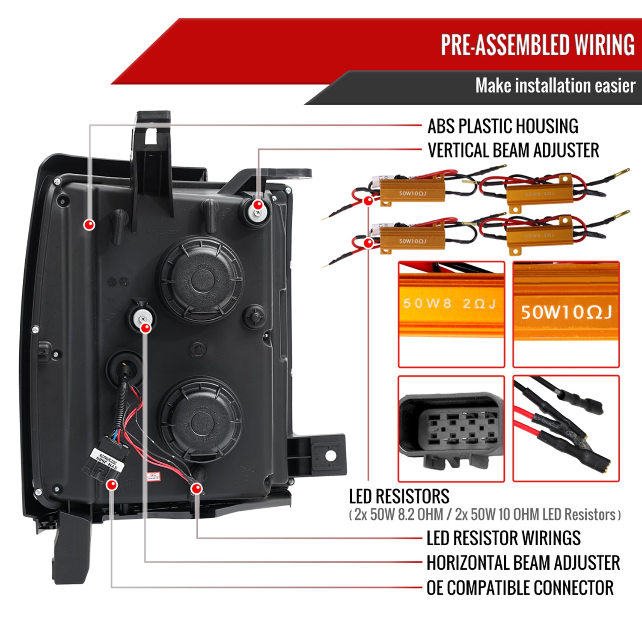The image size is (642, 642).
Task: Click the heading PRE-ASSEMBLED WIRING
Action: tap(538, 45)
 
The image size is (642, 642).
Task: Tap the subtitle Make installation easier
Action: tap(555, 86)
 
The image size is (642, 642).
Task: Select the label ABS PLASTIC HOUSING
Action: tap(503, 126)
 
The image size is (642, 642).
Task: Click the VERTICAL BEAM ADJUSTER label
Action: tap(513, 150)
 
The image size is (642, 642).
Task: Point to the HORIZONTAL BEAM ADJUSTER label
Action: tap(523, 562)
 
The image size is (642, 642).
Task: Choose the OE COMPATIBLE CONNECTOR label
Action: tap(520, 588)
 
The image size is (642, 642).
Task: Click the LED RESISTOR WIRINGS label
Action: tap(503, 538)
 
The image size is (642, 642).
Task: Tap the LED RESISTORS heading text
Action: tap(399, 496)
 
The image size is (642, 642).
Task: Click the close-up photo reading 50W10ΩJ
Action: tap(566, 314)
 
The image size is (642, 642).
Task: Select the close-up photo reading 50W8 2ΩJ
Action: tap(451, 314)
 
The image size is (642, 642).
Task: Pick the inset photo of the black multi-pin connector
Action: tap(451, 428)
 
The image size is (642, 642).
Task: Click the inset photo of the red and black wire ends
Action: tap(566, 428)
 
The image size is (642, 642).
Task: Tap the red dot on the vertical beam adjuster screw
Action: tap(258, 205)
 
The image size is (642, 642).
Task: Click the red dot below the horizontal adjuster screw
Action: tap(146, 328)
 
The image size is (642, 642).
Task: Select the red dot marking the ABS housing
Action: tap(89, 224)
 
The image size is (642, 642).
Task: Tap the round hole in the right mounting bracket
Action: tap(330, 456)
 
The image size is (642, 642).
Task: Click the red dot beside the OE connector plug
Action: tap(112, 485)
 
